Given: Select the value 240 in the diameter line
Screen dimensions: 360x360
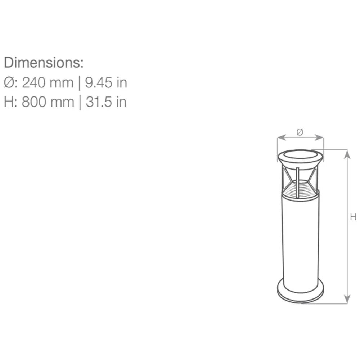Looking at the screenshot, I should (x=33, y=83).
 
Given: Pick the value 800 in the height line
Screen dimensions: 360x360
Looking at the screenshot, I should (x=33, y=102).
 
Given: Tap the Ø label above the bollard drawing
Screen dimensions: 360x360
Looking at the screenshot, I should (x=300, y=132).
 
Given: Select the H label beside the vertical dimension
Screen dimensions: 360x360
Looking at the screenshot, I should (x=353, y=217).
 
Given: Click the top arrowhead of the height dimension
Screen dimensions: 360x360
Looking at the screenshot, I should (x=347, y=153).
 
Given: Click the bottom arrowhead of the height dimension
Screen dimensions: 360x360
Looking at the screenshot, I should (x=347, y=300).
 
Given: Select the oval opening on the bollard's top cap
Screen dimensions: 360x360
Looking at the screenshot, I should (x=300, y=156).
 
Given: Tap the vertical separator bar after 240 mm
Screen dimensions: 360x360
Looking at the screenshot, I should (x=80, y=83).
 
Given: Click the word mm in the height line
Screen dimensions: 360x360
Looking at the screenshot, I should (x=62, y=102).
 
